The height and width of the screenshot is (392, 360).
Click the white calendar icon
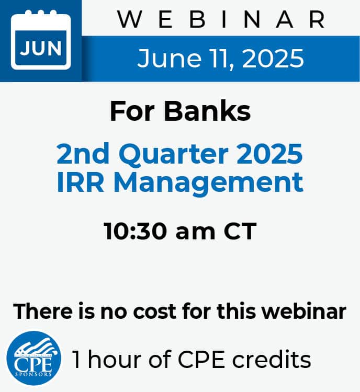[41, 40]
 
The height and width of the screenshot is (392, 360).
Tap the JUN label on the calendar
[41, 48]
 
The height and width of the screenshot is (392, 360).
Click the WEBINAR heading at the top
[221, 19]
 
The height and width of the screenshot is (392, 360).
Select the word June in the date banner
[169, 59]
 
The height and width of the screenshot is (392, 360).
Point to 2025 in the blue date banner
[273, 59]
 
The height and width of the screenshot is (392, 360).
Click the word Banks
[207, 111]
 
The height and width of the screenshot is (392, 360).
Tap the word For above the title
[132, 111]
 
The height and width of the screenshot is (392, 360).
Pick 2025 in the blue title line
[269, 154]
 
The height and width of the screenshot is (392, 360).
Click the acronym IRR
[80, 182]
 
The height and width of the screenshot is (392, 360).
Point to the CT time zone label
[240, 231]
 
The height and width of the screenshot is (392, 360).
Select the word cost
[155, 312]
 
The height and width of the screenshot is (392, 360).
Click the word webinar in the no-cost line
[303, 311]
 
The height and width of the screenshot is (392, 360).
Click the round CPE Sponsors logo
[34, 358]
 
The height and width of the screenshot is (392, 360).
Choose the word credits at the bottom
[272, 359]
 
